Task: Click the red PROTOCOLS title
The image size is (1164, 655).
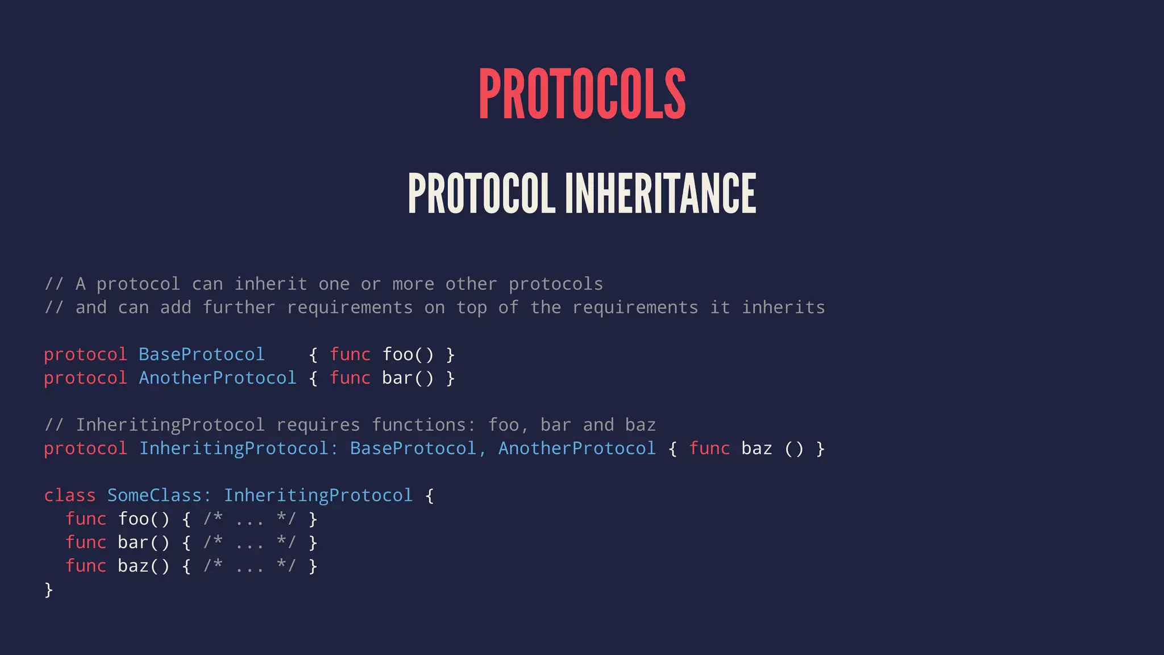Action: [582, 94]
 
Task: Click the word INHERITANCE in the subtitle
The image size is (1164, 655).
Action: [660, 193]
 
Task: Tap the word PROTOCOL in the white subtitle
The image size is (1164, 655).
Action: [481, 193]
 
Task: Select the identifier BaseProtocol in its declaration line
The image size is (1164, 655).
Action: [202, 355]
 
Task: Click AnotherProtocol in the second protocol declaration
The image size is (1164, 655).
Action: [218, 378]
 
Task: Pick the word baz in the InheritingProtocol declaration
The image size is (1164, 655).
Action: [756, 449]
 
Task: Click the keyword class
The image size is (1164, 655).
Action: [70, 496]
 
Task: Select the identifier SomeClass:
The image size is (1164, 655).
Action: [159, 496]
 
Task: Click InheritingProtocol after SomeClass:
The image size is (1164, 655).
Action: [318, 496]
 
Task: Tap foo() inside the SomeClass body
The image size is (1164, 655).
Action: [144, 519]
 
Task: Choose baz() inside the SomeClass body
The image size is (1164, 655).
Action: [144, 566]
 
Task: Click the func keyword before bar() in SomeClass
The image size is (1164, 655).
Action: [86, 542]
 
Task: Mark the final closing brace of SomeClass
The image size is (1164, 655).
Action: [49, 590]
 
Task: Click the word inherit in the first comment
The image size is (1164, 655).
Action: [271, 284]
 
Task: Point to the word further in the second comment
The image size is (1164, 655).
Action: [239, 308]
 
